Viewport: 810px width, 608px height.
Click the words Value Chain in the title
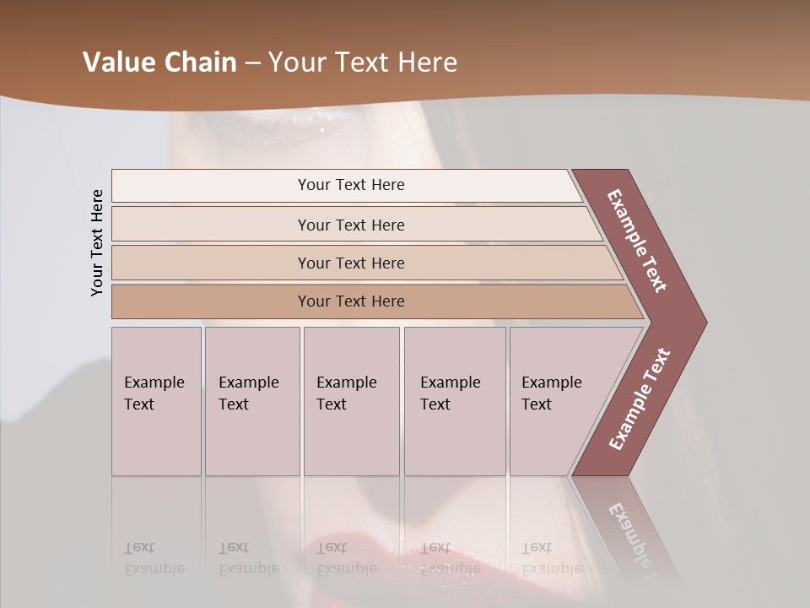point(159,62)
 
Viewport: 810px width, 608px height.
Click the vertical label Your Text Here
point(97,242)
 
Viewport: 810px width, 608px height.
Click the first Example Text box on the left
point(156,401)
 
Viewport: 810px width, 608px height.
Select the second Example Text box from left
point(252,401)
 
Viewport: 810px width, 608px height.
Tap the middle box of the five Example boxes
point(351,401)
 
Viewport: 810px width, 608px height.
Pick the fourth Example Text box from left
point(455,401)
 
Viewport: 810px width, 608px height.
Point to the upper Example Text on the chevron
point(637,241)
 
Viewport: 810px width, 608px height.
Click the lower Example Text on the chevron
point(640,399)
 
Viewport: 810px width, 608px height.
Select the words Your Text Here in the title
point(363,62)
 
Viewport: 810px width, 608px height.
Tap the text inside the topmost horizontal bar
point(351,185)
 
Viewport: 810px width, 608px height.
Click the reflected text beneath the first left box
point(154,558)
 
